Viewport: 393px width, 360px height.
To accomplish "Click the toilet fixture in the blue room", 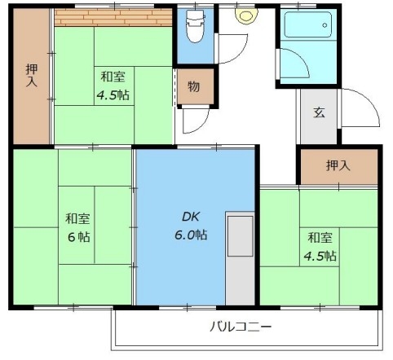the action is [195, 26].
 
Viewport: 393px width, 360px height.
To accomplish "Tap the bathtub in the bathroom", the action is [308, 24].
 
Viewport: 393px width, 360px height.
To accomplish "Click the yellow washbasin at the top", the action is [247, 15].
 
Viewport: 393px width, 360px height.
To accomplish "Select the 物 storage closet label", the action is [194, 87].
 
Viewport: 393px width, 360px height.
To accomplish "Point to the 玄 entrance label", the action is [319, 112].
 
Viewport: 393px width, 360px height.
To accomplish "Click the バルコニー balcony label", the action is [241, 327].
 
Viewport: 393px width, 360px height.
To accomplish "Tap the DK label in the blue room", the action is [191, 217].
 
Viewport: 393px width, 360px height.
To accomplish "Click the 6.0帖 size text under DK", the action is [191, 235].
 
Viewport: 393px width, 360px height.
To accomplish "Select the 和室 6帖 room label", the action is [78, 227].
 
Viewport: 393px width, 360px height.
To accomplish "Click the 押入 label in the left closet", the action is [32, 76].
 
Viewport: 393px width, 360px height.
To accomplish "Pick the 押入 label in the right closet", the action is [338, 165].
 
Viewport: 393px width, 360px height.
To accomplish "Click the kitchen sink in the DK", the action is [241, 236].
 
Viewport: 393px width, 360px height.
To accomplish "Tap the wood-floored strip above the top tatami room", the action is [113, 17].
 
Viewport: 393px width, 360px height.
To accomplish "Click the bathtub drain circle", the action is [325, 25].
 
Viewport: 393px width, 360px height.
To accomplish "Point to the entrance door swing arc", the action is [370, 99].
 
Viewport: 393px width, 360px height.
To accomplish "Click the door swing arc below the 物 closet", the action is [201, 125].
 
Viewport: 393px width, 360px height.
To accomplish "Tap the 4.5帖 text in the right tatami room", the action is [320, 256].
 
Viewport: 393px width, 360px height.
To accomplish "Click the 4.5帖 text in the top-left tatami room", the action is [113, 95].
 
